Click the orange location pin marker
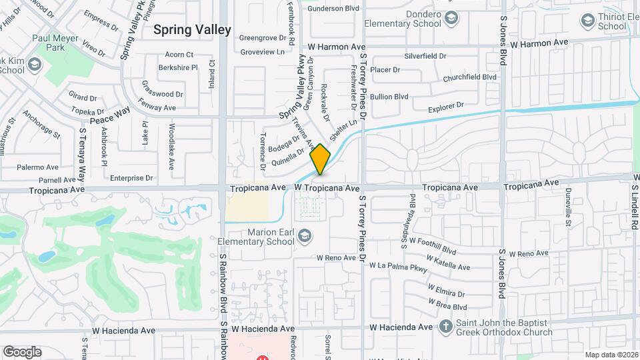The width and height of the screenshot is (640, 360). [321, 159]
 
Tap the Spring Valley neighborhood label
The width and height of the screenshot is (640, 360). [192, 29]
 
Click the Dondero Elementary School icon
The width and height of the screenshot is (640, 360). [451, 17]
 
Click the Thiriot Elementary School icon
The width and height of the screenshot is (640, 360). [588, 21]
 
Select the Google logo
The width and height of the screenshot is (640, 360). [22, 352]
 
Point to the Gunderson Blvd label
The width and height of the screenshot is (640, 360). [333, 9]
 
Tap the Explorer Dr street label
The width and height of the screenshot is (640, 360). [445, 107]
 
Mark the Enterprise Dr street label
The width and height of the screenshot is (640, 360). [131, 178]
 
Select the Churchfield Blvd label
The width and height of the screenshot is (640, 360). [470, 77]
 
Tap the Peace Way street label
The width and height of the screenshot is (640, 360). [109, 115]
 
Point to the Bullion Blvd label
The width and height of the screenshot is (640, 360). [389, 97]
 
